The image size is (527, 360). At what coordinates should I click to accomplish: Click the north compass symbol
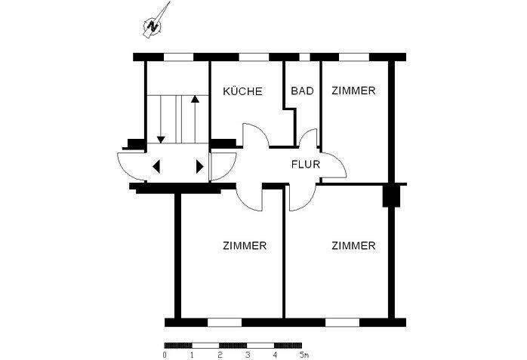pos(154,26)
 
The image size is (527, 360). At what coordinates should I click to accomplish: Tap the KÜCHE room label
pos(242,91)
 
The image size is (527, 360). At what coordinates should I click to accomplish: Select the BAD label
pos(302,91)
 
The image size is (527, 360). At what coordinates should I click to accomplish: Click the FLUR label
pos(306,162)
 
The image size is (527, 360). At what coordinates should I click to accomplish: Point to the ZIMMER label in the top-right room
pos(353,91)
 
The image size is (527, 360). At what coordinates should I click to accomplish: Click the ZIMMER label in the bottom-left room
pos(245,246)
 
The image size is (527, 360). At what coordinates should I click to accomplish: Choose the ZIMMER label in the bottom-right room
pos(353,246)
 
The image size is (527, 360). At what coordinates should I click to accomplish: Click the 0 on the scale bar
pos(165,353)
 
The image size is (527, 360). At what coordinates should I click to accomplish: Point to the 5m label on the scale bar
pos(304,353)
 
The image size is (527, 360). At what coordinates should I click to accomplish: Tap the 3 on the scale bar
pos(247,353)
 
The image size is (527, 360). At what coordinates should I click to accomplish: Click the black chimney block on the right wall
pos(390,195)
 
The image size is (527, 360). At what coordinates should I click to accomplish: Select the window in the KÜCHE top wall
pos(254,57)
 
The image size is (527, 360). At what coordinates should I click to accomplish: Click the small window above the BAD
pos(304,57)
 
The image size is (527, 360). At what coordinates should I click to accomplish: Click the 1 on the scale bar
pos(192,353)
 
